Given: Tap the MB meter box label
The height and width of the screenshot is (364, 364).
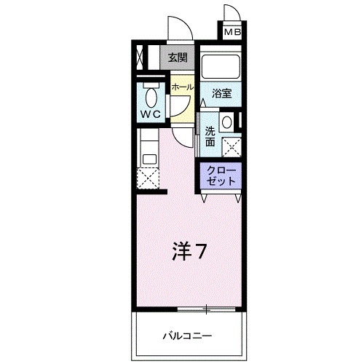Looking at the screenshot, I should coord(232,32).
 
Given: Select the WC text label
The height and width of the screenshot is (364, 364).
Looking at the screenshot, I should coord(151,114).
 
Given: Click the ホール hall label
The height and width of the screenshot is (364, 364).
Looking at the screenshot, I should coord(182,87).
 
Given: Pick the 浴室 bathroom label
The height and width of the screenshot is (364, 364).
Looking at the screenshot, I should coord(221,93).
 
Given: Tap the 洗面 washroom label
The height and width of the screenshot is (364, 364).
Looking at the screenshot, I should coord(210,136).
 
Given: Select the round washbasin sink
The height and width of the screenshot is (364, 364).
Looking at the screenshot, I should coord(226,122).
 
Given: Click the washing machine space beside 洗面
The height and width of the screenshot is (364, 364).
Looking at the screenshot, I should coord(234,148).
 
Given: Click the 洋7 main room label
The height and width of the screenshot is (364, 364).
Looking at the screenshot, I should coord(191,253).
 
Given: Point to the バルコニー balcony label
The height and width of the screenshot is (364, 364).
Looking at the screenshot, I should coord(186,336).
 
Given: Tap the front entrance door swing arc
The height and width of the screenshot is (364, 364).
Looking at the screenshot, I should coord(178,31).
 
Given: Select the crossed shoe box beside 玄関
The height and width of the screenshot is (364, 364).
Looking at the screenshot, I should coord(141,58).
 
